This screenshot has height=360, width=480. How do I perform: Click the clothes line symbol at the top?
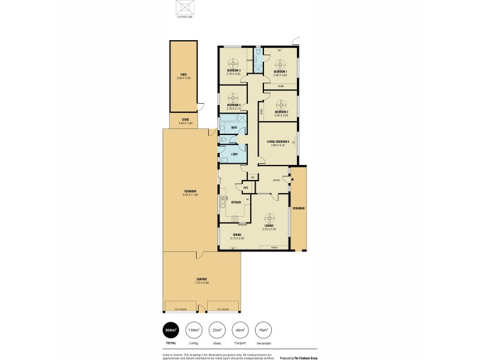tap(184, 8)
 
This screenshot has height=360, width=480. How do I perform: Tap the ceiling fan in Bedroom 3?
tap(234, 61)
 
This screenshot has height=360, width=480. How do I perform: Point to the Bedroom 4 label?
tap(233, 105)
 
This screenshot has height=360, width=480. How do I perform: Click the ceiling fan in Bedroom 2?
tap(281, 102)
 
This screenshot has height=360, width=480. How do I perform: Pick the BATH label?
tap(234, 127)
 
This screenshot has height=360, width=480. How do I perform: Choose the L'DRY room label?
tap(234, 154)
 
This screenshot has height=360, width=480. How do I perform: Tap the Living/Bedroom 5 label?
tap(278, 142)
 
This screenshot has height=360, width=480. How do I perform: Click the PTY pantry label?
tap(246, 188)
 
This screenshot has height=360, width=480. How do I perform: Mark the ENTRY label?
tap(277, 179)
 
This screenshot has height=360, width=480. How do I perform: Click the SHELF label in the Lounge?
tap(274, 247)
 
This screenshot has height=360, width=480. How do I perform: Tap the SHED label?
tap(183, 75)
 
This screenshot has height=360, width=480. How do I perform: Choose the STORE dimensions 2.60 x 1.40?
tap(185, 123)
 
